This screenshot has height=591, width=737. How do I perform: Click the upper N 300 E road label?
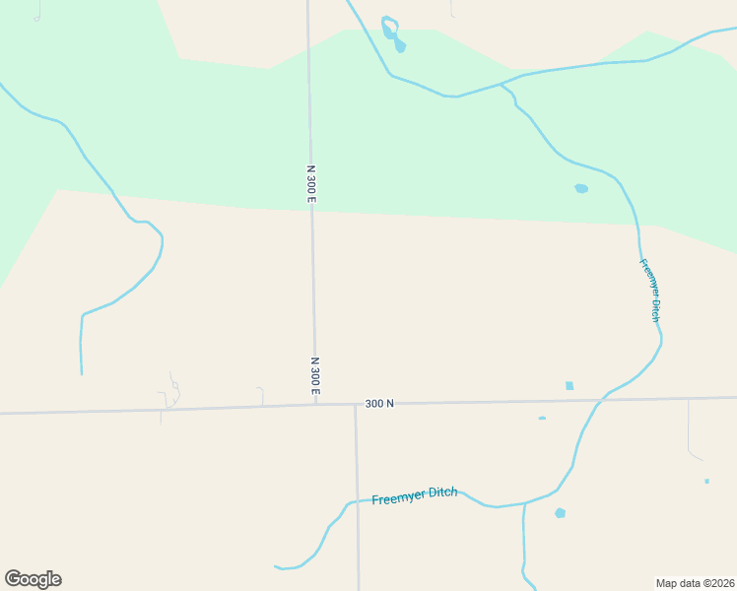311,184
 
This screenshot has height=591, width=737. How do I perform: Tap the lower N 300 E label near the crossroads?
315,377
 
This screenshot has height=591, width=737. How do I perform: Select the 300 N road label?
379,403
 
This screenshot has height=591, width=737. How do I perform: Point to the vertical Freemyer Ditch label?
649,291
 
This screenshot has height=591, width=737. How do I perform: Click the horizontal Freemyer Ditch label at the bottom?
415,495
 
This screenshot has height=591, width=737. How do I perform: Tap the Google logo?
33,579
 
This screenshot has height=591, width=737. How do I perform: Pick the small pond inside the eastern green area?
581,188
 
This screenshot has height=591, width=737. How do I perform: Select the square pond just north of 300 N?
569,385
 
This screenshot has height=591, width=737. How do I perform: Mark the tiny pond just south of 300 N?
542,418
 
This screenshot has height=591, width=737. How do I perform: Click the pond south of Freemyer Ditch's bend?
560,513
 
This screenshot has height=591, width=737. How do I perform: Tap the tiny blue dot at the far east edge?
706,481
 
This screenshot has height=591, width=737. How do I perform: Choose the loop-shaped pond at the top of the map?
391,32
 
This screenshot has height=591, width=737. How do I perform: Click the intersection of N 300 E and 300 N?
315,404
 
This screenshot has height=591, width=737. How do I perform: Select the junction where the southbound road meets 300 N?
356,404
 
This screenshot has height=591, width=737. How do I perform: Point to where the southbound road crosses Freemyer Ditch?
358,500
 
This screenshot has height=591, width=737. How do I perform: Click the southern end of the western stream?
81,373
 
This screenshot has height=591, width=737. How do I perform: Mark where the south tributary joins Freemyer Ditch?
524,503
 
